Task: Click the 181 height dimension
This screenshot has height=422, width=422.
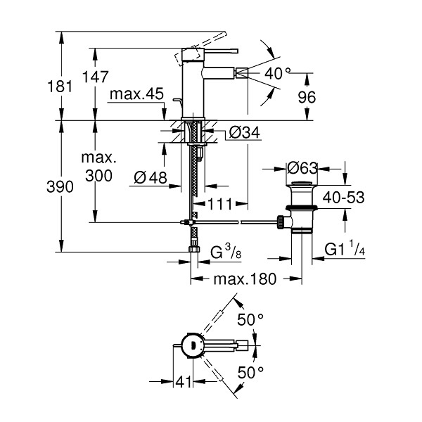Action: (x=60, y=87)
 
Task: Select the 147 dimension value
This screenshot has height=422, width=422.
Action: (x=95, y=77)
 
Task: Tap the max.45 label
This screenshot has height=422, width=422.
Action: (x=136, y=94)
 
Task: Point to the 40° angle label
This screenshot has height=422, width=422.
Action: (x=278, y=73)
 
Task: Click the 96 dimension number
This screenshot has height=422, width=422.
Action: (x=307, y=97)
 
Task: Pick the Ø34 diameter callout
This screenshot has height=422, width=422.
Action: (x=244, y=132)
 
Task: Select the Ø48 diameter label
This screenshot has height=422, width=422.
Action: (x=151, y=177)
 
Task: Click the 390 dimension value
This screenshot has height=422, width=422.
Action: (x=60, y=186)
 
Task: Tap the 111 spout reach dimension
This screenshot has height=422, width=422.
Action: (x=219, y=204)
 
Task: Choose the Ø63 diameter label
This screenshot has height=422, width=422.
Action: (x=302, y=168)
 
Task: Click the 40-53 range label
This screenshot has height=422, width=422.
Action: (x=343, y=197)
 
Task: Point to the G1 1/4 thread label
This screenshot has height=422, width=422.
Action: (x=345, y=248)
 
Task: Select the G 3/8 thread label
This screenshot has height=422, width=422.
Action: (x=226, y=252)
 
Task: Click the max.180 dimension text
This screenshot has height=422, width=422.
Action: (x=245, y=279)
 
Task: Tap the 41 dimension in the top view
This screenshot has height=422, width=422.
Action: (x=184, y=381)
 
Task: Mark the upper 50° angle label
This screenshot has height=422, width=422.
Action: (x=250, y=320)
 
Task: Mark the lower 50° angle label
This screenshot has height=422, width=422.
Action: (x=250, y=373)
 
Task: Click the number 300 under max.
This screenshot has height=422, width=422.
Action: (x=98, y=176)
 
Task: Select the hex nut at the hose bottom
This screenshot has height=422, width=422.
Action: (x=194, y=249)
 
